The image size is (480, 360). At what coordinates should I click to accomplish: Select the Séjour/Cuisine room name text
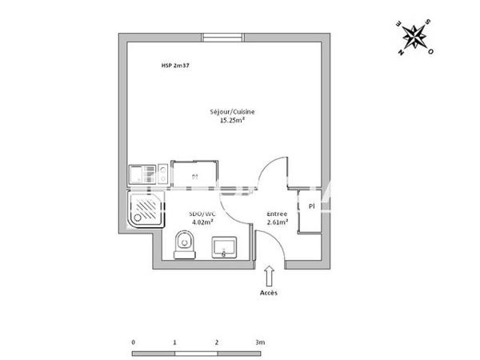pyautogui.click(x=232, y=113)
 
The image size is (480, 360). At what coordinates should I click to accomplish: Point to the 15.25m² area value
pyautogui.click(x=232, y=122)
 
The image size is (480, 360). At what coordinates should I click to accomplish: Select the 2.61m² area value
pyautogui.click(x=277, y=222)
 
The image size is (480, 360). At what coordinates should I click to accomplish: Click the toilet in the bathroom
pyautogui.click(x=182, y=243)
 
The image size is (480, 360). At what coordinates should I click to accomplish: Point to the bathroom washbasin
pyautogui.click(x=223, y=247)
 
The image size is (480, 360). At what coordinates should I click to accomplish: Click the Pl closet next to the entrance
pyautogui.click(x=310, y=206)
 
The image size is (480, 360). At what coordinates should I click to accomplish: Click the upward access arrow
pyautogui.click(x=269, y=277)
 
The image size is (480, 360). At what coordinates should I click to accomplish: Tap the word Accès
pyautogui.click(x=269, y=294)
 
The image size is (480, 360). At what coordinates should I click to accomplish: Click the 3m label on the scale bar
pyautogui.click(x=260, y=342)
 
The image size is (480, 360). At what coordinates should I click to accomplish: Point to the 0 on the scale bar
pyautogui.click(x=133, y=342)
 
